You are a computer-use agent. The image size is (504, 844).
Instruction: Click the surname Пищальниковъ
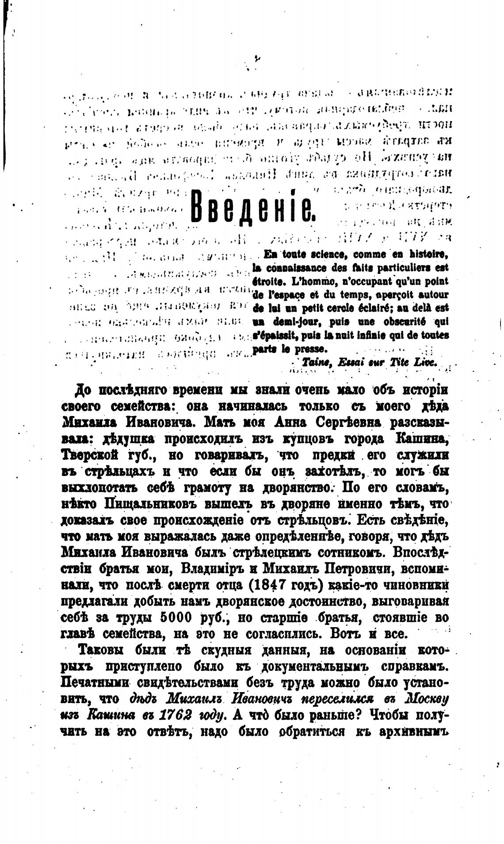click(149, 504)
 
